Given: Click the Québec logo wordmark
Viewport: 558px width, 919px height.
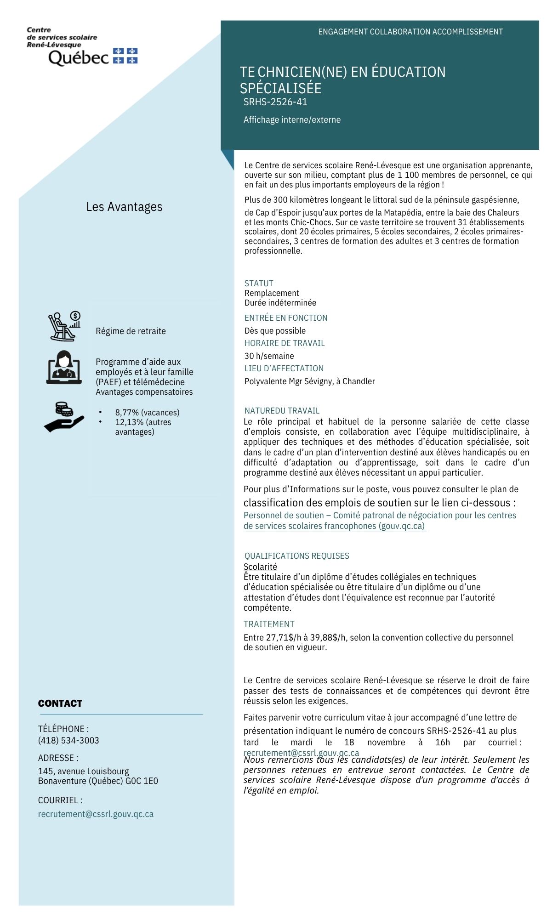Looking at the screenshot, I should click(78, 57).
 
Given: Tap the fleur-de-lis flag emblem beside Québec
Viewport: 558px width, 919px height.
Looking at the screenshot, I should click(125, 56).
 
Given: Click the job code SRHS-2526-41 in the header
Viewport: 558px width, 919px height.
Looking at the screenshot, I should click(275, 102).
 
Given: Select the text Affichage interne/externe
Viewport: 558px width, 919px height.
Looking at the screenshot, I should click(292, 120).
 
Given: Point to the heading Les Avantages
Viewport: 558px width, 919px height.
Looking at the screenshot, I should click(124, 207).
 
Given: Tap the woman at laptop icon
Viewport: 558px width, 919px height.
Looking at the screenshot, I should click(64, 368).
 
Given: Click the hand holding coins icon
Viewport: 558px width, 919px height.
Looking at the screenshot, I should click(64, 417).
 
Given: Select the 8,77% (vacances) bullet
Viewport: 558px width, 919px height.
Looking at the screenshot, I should click(147, 413).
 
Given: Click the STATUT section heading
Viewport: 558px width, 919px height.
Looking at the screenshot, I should click(259, 284).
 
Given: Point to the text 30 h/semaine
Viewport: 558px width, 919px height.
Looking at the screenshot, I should click(269, 356).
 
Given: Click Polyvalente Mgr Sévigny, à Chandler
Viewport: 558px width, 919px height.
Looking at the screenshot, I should click(309, 381).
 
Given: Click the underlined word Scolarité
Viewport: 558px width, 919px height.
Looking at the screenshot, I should click(260, 567).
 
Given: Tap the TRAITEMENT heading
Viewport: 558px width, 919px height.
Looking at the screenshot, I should click(269, 624).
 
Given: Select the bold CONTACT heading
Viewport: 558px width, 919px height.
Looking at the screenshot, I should click(60, 703).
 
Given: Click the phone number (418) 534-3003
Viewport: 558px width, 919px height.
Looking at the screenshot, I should click(68, 740).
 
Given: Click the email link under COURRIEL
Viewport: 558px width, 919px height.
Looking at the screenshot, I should click(96, 814).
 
